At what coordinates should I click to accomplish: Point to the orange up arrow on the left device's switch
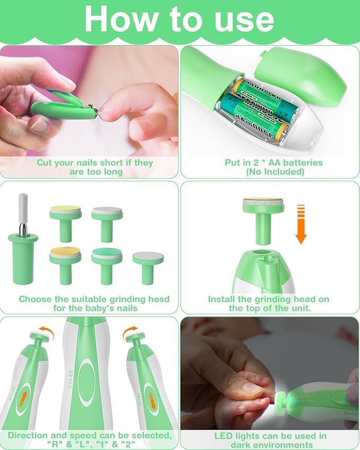[x=21, y=398]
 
